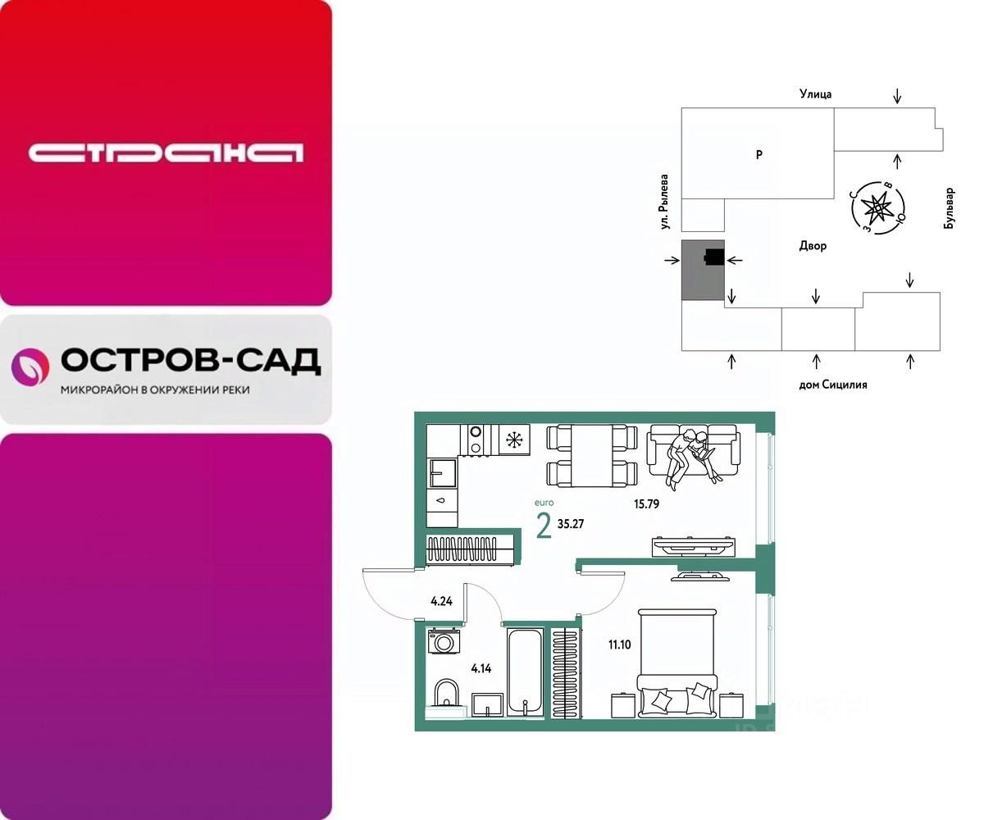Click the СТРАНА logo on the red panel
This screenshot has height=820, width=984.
click(x=166, y=153)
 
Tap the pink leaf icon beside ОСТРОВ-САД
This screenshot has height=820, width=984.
click(x=30, y=367)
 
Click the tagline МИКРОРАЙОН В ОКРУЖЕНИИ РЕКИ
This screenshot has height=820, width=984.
click(x=155, y=390)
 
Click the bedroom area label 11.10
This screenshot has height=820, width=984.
click(x=619, y=645)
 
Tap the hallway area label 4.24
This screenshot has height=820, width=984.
click(x=442, y=601)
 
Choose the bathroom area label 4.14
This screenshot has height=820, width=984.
click(x=482, y=668)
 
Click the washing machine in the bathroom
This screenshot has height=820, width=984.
click(x=444, y=641)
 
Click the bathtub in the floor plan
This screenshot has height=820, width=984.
click(x=524, y=672)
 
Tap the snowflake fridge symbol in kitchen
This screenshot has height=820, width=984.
click(x=514, y=440)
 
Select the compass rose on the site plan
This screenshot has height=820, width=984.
click(x=877, y=207)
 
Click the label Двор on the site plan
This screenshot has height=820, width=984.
click(x=813, y=246)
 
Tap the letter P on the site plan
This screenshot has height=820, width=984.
click(x=759, y=154)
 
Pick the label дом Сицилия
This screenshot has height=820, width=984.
click(x=832, y=384)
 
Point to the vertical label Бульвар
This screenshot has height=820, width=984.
click(x=949, y=208)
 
